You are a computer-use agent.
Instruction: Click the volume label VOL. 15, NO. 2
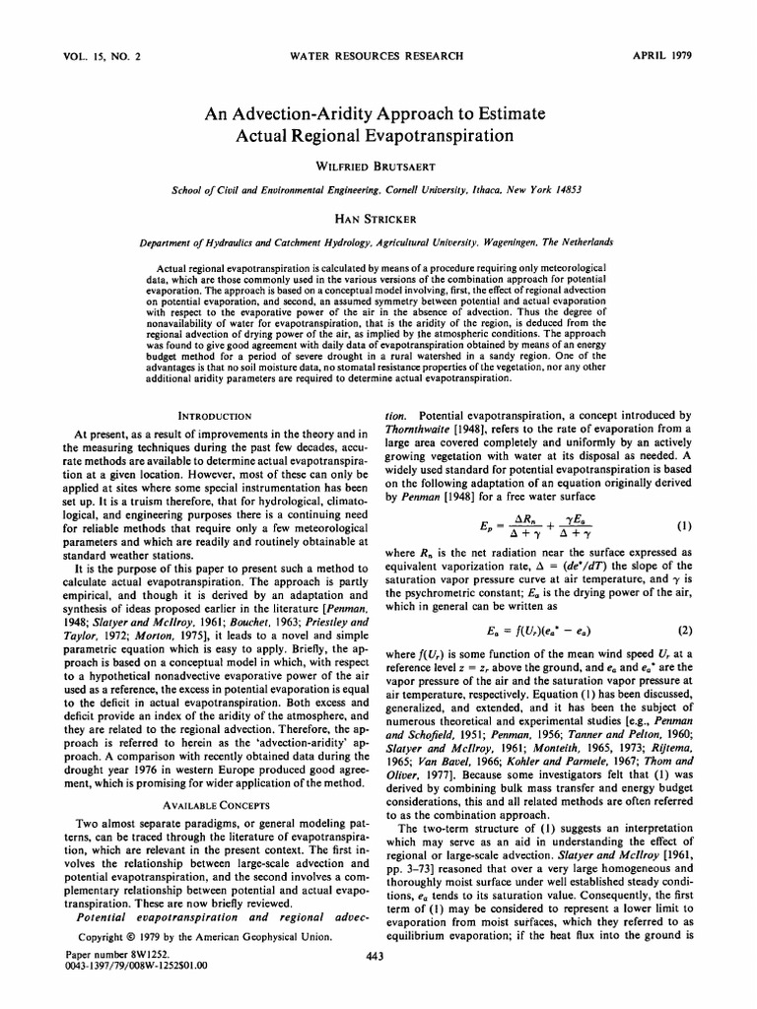[95, 56]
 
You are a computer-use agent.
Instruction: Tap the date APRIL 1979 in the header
[668, 56]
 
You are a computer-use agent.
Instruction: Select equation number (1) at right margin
[684, 525]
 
